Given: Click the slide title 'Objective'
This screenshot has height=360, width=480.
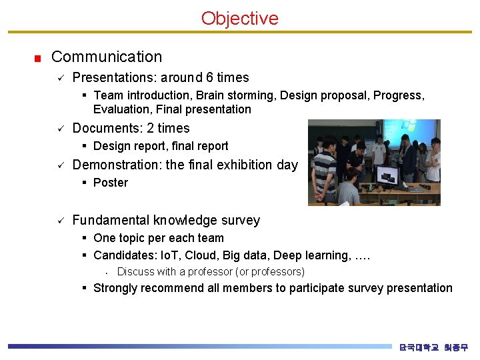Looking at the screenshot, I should click(x=239, y=18).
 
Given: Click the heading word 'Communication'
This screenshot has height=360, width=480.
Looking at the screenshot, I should click(x=107, y=57).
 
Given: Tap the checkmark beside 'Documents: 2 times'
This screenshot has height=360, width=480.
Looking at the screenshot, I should click(x=59, y=129).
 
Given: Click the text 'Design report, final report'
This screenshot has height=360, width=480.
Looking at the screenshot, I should click(x=161, y=146).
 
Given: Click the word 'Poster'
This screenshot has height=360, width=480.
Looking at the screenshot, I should click(x=111, y=183).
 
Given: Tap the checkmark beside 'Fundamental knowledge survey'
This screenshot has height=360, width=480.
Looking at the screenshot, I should click(x=59, y=220).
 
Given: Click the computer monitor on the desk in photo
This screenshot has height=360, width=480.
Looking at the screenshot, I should click(x=387, y=175).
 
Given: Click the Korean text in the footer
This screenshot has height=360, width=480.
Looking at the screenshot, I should click(x=433, y=347).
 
